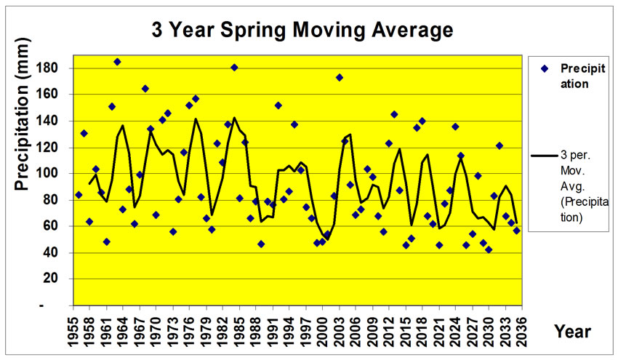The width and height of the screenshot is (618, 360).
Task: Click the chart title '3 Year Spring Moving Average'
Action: [x=302, y=31]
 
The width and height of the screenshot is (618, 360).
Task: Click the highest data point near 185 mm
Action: [x=117, y=62]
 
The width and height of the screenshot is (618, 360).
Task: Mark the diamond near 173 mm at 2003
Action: [x=339, y=77]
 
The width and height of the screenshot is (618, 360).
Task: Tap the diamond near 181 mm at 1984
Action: [x=234, y=68]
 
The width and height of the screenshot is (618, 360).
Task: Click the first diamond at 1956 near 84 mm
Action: [x=79, y=195]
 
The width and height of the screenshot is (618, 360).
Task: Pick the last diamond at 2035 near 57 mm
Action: [x=516, y=231]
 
